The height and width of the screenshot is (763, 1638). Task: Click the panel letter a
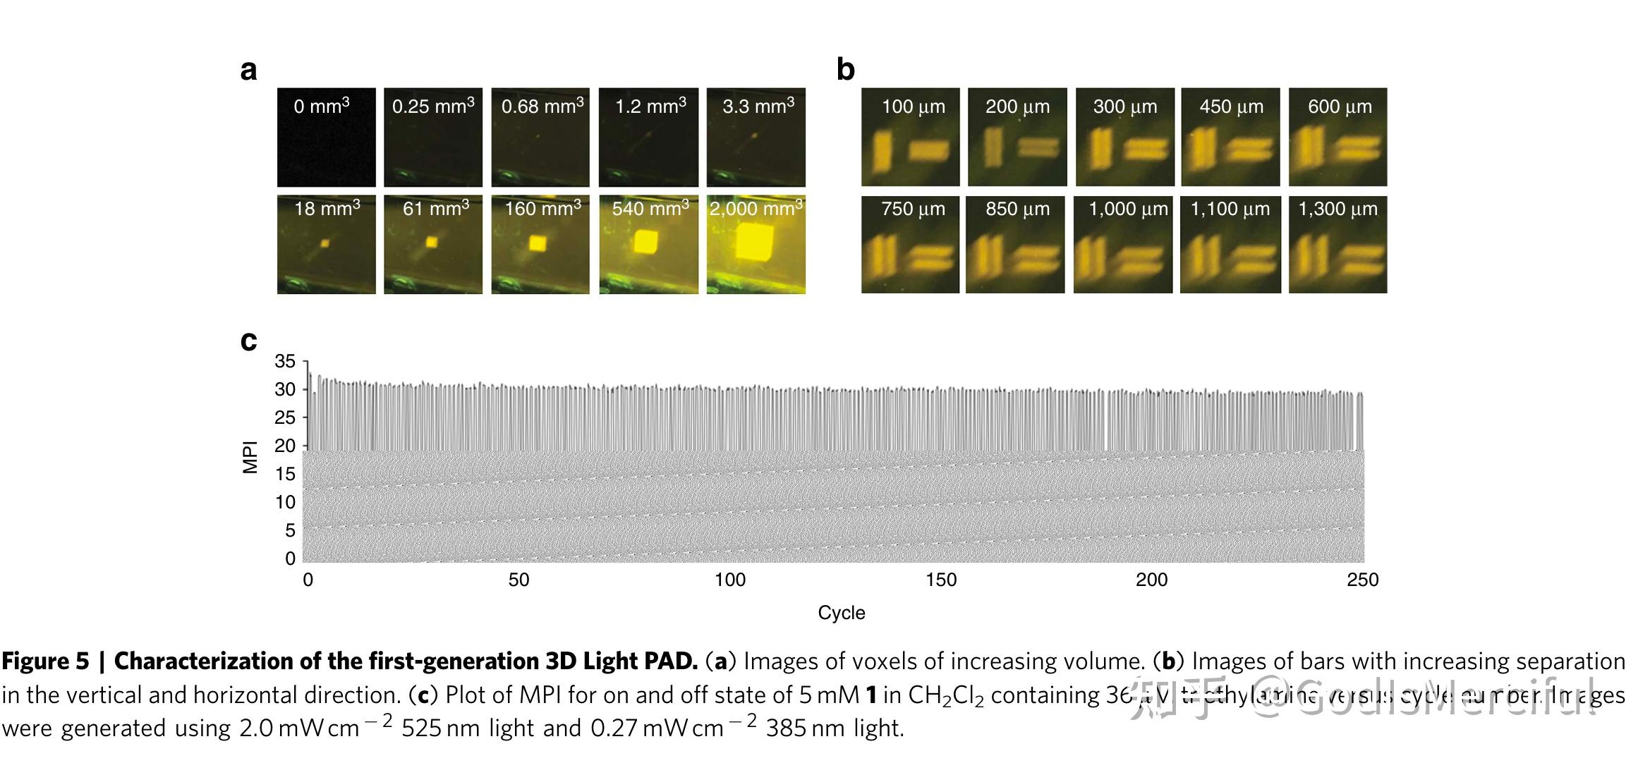(x=248, y=71)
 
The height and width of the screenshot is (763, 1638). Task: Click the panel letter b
(x=845, y=70)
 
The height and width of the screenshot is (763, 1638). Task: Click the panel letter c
(x=248, y=341)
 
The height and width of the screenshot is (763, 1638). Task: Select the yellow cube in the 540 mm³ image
(x=645, y=242)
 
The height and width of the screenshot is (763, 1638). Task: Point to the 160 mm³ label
(x=542, y=208)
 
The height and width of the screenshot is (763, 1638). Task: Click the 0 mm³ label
(x=322, y=106)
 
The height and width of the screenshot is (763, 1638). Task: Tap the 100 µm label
(x=913, y=107)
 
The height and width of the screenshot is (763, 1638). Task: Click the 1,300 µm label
(x=1337, y=209)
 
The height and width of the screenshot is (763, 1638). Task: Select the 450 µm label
(x=1231, y=107)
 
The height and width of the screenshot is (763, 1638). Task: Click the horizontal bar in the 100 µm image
(x=928, y=150)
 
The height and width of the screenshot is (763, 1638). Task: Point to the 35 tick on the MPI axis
(x=285, y=362)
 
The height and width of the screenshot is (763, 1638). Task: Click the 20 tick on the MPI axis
(x=285, y=446)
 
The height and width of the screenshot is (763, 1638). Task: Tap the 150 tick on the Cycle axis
(x=941, y=580)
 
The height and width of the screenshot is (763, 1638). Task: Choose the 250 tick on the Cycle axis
(x=1363, y=580)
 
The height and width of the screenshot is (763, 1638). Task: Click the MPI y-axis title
(x=250, y=457)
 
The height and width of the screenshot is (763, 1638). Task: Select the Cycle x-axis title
(x=841, y=613)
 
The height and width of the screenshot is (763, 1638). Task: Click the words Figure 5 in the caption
(x=45, y=661)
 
